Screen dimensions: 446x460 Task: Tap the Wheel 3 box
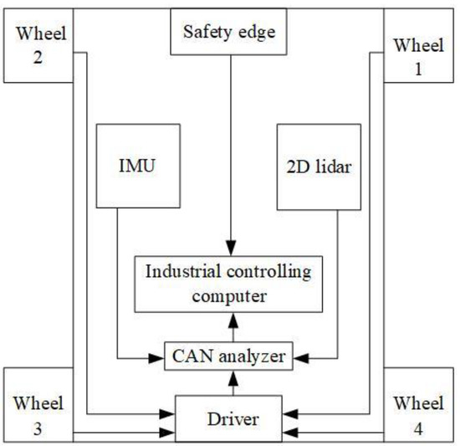point(37,403)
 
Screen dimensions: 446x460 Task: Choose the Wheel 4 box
point(419,403)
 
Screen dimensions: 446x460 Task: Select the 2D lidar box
point(317,167)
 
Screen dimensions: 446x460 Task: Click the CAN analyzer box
point(229,357)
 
